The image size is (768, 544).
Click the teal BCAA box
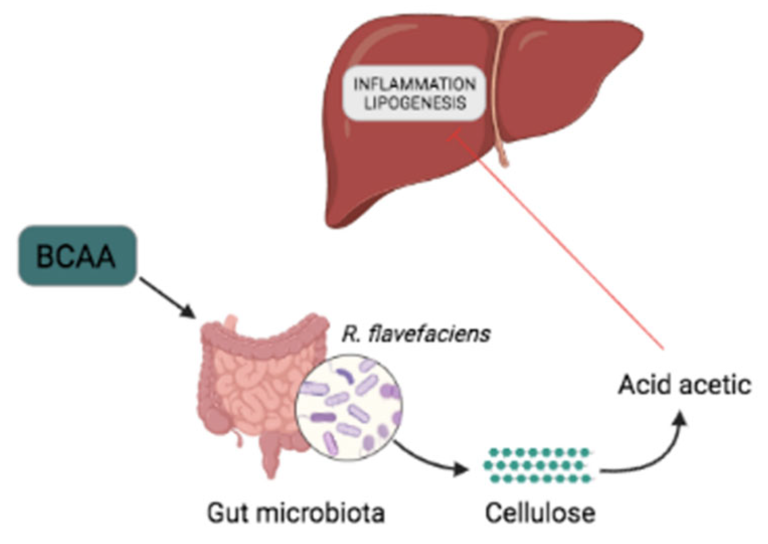[x=77, y=256]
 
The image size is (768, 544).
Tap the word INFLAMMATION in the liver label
[x=414, y=84]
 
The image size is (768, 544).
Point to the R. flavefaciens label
[x=416, y=334]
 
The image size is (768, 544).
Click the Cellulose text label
[x=540, y=513]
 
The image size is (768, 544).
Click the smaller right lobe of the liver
[x=567, y=80]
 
